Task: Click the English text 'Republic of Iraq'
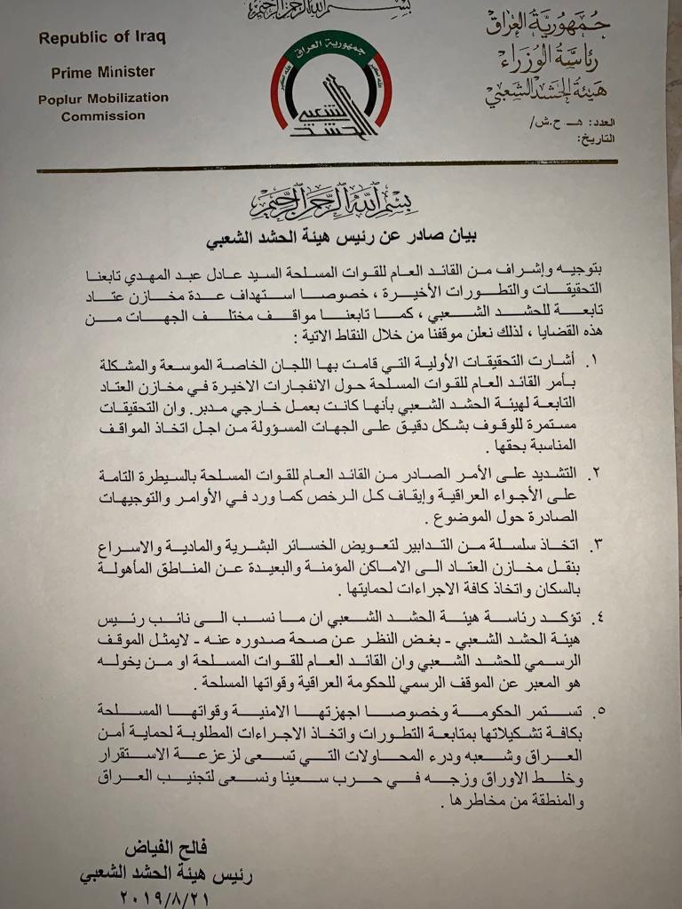click(102, 38)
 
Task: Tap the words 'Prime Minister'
click(102, 72)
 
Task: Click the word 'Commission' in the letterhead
click(103, 115)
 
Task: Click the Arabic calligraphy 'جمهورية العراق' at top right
click(548, 24)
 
